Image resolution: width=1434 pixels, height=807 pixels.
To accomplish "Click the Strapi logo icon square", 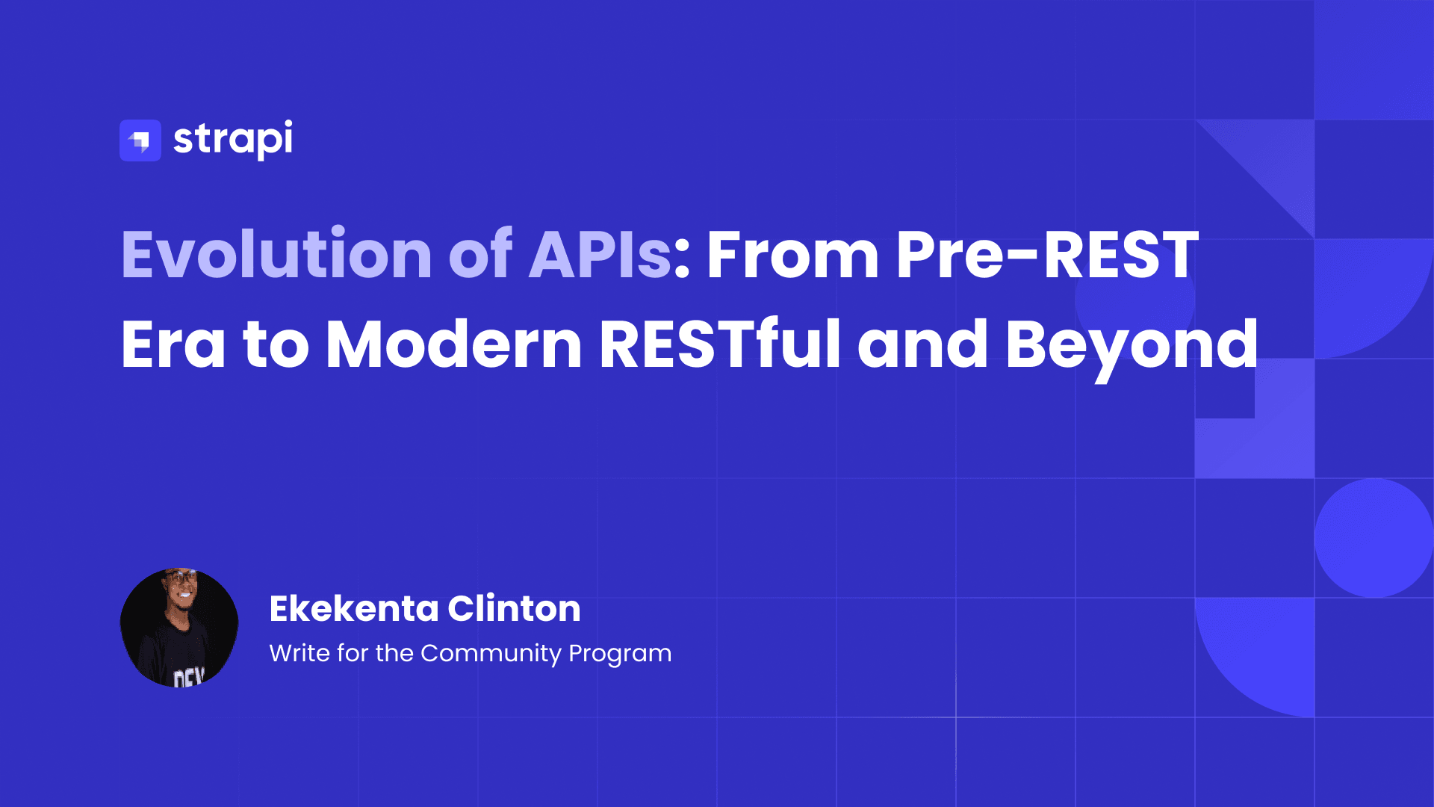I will [140, 140].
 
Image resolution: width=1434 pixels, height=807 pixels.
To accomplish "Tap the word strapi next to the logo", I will [233, 140].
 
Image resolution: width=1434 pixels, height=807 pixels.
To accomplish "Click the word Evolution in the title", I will [276, 255].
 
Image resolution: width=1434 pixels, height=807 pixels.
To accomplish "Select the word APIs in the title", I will [600, 255].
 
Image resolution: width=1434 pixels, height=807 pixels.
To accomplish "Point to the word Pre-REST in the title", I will [1046, 255].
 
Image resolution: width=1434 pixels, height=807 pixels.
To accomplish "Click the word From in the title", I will [792, 255].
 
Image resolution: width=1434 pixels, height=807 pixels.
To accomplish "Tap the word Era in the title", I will [173, 344].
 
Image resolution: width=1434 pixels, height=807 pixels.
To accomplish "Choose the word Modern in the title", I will [454, 344].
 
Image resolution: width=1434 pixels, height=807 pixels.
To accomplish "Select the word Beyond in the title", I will [1132, 344].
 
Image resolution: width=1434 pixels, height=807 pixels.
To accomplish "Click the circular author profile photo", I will [179, 628].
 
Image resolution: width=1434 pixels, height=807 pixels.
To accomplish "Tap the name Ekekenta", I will [353, 608].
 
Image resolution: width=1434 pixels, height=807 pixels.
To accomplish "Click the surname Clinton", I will [514, 608].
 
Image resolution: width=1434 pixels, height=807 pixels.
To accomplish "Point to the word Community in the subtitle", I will [491, 653].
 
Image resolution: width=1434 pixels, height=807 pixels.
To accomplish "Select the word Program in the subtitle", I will [620, 653].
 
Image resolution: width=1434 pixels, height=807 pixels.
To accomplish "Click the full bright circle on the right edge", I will [1374, 538].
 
